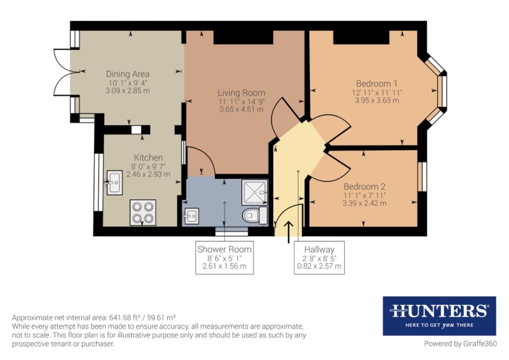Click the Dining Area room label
[x=128, y=74]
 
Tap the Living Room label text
[x=241, y=93]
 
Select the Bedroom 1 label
[x=377, y=84]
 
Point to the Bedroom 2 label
[x=364, y=187]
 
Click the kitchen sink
[x=114, y=183]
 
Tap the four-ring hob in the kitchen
[x=143, y=213]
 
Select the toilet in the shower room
[x=255, y=215]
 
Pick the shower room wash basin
[x=191, y=216]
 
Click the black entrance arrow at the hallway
[x=288, y=232]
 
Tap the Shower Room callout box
[x=225, y=258]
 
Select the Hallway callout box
[x=319, y=258]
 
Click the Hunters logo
[x=439, y=316]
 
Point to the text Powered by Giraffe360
[x=460, y=344]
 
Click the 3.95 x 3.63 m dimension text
[x=377, y=100]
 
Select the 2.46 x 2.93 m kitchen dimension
[x=148, y=174]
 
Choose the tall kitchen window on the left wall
[x=98, y=182]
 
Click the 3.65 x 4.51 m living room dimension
[x=241, y=109]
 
